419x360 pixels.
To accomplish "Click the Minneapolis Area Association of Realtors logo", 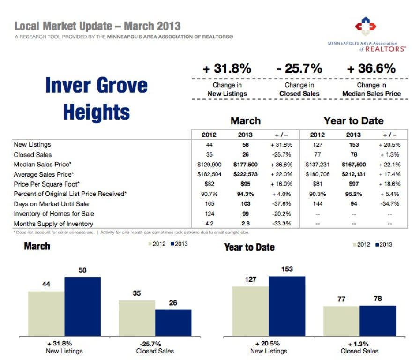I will tap(366, 26).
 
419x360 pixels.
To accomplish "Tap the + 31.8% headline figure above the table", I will tap(227, 68).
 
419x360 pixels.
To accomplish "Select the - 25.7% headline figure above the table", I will tap(299, 68).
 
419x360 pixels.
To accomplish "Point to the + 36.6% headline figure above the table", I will tap(371, 68).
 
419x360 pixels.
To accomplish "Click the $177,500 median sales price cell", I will tap(246, 165).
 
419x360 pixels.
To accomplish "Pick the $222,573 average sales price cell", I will tap(246, 174).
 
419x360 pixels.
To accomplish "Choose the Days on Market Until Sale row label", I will tap(51, 204).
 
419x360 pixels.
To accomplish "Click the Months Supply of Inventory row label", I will tap(53, 224).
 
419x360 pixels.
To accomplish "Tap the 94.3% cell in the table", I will tap(246, 194).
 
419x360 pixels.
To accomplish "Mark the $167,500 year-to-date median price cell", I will tap(353, 165).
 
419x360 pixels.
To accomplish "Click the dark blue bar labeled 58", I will tap(82, 306).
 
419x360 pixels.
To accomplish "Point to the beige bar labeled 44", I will tap(46, 313).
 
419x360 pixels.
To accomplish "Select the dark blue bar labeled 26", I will tap(173, 322).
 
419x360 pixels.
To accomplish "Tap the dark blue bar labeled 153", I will tap(287, 306).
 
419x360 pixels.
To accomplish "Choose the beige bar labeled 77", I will tap(341, 321).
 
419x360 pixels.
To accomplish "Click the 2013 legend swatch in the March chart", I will tap(172, 244).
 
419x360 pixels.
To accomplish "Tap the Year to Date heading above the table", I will tap(353, 121).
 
